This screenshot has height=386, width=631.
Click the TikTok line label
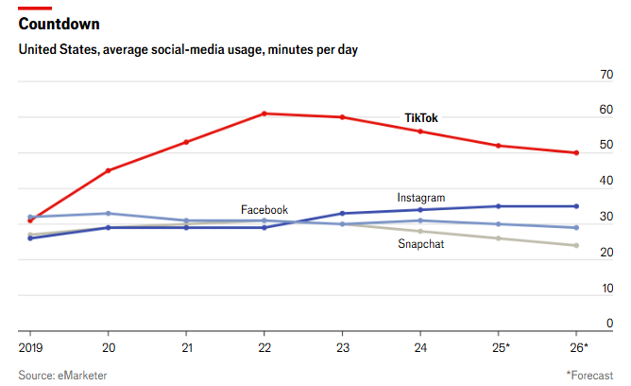421,118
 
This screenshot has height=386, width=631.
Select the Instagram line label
420,198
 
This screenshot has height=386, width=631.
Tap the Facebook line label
264,209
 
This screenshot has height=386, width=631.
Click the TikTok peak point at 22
264,114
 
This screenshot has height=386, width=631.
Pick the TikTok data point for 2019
30,220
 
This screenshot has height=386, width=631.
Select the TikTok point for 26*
576,152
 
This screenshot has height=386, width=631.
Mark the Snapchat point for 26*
576,246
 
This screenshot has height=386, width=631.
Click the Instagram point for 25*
499,206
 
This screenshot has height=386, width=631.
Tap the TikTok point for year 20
108,170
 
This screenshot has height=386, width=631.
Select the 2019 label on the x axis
30,348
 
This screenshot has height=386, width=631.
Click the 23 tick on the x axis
342,348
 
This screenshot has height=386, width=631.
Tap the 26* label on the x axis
578,348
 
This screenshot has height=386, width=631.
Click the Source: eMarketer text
62,376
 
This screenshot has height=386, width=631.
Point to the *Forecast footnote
589,376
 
